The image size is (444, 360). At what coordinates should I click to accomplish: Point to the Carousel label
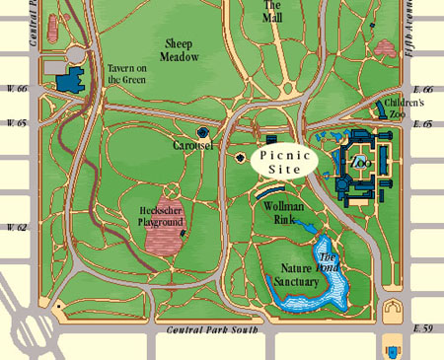(x=193, y=145)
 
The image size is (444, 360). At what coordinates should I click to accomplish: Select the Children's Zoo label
(x=405, y=108)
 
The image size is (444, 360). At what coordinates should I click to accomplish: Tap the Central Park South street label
(x=212, y=330)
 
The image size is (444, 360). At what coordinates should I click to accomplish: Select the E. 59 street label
(x=422, y=326)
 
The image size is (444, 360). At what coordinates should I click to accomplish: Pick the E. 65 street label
(x=422, y=124)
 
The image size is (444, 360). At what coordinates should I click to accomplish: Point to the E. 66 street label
(x=422, y=89)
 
